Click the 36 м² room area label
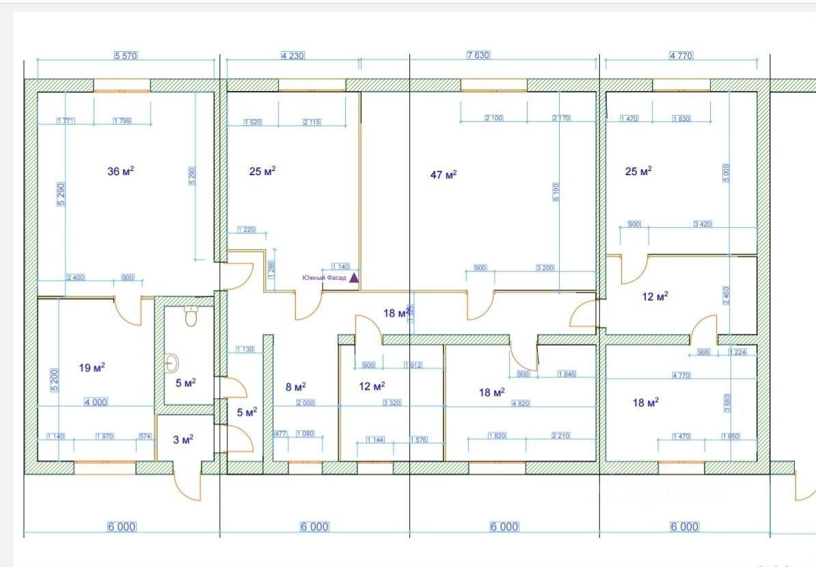click(120, 171)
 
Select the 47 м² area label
click(443, 175)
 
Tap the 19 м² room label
click(92, 368)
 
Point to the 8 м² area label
click(295, 386)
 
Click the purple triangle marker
click(354, 278)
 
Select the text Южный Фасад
click(325, 278)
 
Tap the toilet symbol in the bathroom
click(191, 316)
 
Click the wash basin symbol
click(172, 362)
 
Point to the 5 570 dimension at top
click(126, 55)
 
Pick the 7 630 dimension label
click(478, 55)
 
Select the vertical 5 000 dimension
click(726, 172)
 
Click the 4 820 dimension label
click(521, 404)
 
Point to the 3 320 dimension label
click(392, 404)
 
